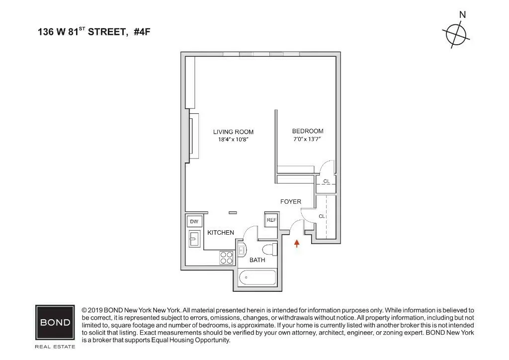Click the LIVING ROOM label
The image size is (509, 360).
click(x=233, y=132)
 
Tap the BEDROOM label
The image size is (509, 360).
click(x=308, y=131)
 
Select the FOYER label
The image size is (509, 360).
click(x=291, y=202)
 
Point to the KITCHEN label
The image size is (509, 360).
click(x=221, y=233)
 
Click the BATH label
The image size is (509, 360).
click(x=257, y=260)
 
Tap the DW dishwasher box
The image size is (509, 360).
click(x=193, y=222)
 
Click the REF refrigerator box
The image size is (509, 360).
click(x=271, y=220)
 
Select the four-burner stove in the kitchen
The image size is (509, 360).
click(x=227, y=258)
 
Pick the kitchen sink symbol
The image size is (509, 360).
click(x=194, y=239)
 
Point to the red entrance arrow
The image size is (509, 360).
click(x=297, y=243)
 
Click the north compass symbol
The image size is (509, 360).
click(x=455, y=34)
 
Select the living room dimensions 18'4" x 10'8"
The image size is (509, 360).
click(x=233, y=140)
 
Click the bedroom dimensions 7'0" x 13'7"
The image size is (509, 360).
click(x=308, y=139)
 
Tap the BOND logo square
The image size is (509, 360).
click(x=55, y=322)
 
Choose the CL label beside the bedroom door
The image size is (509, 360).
click(x=327, y=181)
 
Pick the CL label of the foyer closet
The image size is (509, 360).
click(x=322, y=216)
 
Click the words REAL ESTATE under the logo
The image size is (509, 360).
click(x=55, y=346)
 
